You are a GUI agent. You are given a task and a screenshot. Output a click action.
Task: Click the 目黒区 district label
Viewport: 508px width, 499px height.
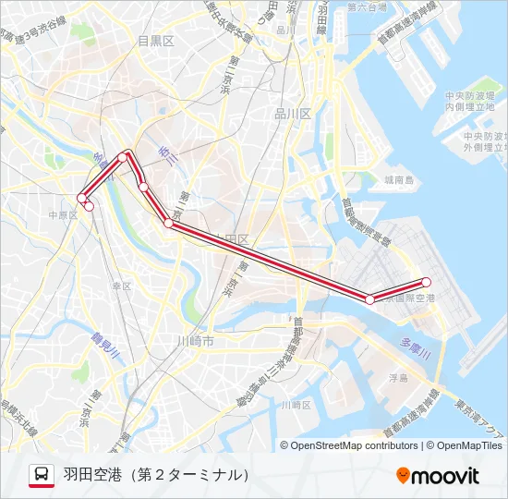coord(155,41)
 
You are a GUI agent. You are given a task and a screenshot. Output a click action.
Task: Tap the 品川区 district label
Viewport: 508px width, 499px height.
coord(294,113)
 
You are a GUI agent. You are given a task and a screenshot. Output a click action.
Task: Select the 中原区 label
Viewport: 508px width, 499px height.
coord(63,214)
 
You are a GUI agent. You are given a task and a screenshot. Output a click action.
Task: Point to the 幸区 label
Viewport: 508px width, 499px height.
coord(122,286)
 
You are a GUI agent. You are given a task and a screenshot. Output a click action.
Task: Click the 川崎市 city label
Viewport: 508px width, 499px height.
coord(195,341)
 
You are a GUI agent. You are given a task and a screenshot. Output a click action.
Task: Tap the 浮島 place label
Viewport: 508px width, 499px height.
coord(398,378)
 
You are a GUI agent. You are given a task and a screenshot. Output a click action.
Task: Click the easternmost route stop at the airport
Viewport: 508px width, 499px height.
coord(427,282)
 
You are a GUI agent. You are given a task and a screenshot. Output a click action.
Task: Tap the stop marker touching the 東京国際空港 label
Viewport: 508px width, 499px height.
coord(370,299)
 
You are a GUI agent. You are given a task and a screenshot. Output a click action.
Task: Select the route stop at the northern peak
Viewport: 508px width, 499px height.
coord(123,158)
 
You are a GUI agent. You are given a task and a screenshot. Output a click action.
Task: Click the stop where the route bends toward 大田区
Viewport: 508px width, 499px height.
coord(168,223)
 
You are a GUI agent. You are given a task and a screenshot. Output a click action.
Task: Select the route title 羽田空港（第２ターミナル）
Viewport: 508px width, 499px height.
coord(157,475)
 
